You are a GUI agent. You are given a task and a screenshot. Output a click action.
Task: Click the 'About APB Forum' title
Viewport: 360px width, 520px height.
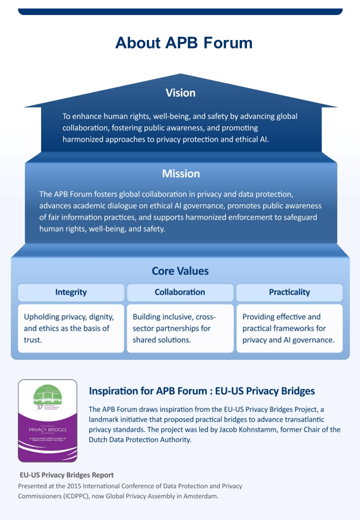pos(183,42)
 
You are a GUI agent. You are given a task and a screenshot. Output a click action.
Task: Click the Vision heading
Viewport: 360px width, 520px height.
pos(180,92)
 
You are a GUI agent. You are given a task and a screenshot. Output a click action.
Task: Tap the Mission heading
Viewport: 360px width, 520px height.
pos(180,173)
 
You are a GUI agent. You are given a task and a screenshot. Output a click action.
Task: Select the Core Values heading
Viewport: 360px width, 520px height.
pos(180,271)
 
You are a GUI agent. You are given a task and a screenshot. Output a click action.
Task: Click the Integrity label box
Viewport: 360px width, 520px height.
pos(71,292)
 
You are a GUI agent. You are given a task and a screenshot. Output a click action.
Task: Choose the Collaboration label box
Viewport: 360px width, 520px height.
pos(180,292)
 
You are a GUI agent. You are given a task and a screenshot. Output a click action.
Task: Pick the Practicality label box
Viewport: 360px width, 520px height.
pos(289,292)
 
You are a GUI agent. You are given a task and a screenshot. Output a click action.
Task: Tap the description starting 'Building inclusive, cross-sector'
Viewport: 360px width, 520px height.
pos(171,328)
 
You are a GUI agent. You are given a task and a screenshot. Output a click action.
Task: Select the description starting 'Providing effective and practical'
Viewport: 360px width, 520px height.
pos(288,328)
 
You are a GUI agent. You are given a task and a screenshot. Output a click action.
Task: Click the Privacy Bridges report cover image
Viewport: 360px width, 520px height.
pos(47,420)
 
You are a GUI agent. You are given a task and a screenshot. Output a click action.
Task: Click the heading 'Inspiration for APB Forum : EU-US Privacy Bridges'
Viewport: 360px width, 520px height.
pos(201,390)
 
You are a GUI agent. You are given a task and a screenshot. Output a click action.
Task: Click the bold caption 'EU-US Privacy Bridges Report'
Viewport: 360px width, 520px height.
pos(66,475)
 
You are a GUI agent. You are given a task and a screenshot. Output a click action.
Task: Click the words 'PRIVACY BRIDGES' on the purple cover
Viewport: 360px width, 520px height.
pos(47,429)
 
